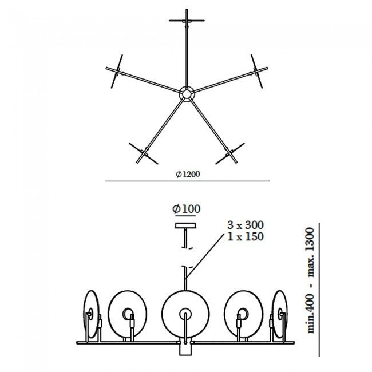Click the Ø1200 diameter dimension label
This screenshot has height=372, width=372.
click(x=188, y=174)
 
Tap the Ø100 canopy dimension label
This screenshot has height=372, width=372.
click(x=187, y=209)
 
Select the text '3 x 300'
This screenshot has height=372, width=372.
click(x=246, y=225)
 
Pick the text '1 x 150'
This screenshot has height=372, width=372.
click(x=246, y=236)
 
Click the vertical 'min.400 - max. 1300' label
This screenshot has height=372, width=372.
click(x=311, y=280)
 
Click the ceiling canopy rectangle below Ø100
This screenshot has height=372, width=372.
click(x=185, y=225)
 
